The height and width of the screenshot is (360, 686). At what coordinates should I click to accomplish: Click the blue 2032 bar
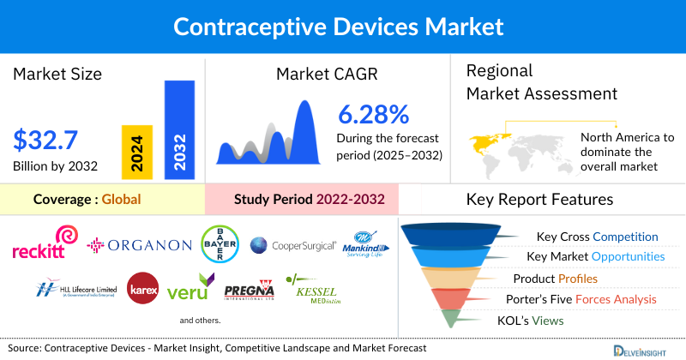[178, 130]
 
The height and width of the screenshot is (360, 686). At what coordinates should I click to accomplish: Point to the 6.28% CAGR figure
[373, 114]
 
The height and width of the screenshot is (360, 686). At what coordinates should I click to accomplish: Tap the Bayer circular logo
[218, 243]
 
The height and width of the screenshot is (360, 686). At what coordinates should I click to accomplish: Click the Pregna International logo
[249, 290]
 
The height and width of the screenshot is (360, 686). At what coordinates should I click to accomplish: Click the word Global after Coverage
[121, 200]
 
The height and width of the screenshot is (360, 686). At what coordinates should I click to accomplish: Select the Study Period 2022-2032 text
[309, 200]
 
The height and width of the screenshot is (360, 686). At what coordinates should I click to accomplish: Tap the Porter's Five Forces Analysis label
[584, 299]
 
